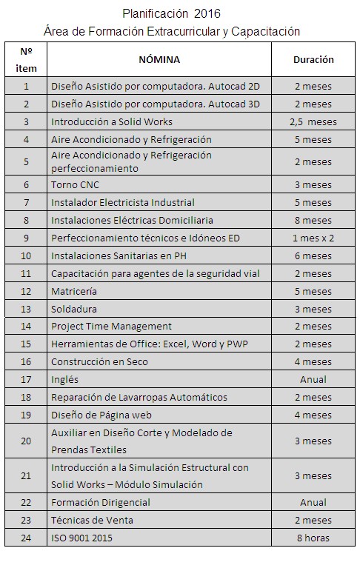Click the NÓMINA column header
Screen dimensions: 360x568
point(159,59)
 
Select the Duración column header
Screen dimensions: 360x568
point(313,59)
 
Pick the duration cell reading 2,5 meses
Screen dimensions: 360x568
point(313,121)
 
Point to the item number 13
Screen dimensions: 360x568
point(27,309)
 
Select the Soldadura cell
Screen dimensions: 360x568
point(74,309)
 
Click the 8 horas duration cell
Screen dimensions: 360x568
point(313,538)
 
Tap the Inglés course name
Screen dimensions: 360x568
point(64,379)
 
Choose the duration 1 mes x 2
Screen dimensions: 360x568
point(313,238)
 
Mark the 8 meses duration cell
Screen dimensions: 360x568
point(313,220)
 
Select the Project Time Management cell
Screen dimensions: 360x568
point(111,326)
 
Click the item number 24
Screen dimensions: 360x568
point(27,538)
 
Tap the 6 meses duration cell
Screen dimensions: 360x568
point(313,255)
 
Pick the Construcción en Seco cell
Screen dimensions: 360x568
point(99,361)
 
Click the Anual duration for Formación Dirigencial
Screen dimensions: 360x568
point(313,502)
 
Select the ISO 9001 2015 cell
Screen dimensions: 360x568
point(82,538)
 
